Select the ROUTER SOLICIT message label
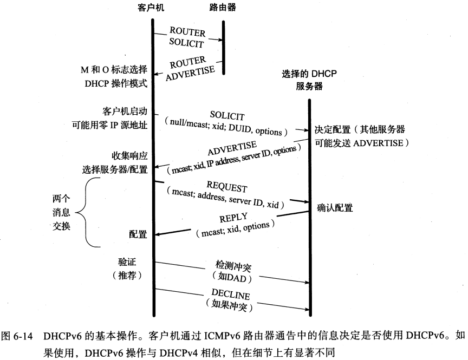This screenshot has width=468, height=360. click(187, 38)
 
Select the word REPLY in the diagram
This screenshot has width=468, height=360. click(234, 218)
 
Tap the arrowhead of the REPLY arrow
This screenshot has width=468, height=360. click(157, 234)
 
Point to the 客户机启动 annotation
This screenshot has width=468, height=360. click(124, 110)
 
